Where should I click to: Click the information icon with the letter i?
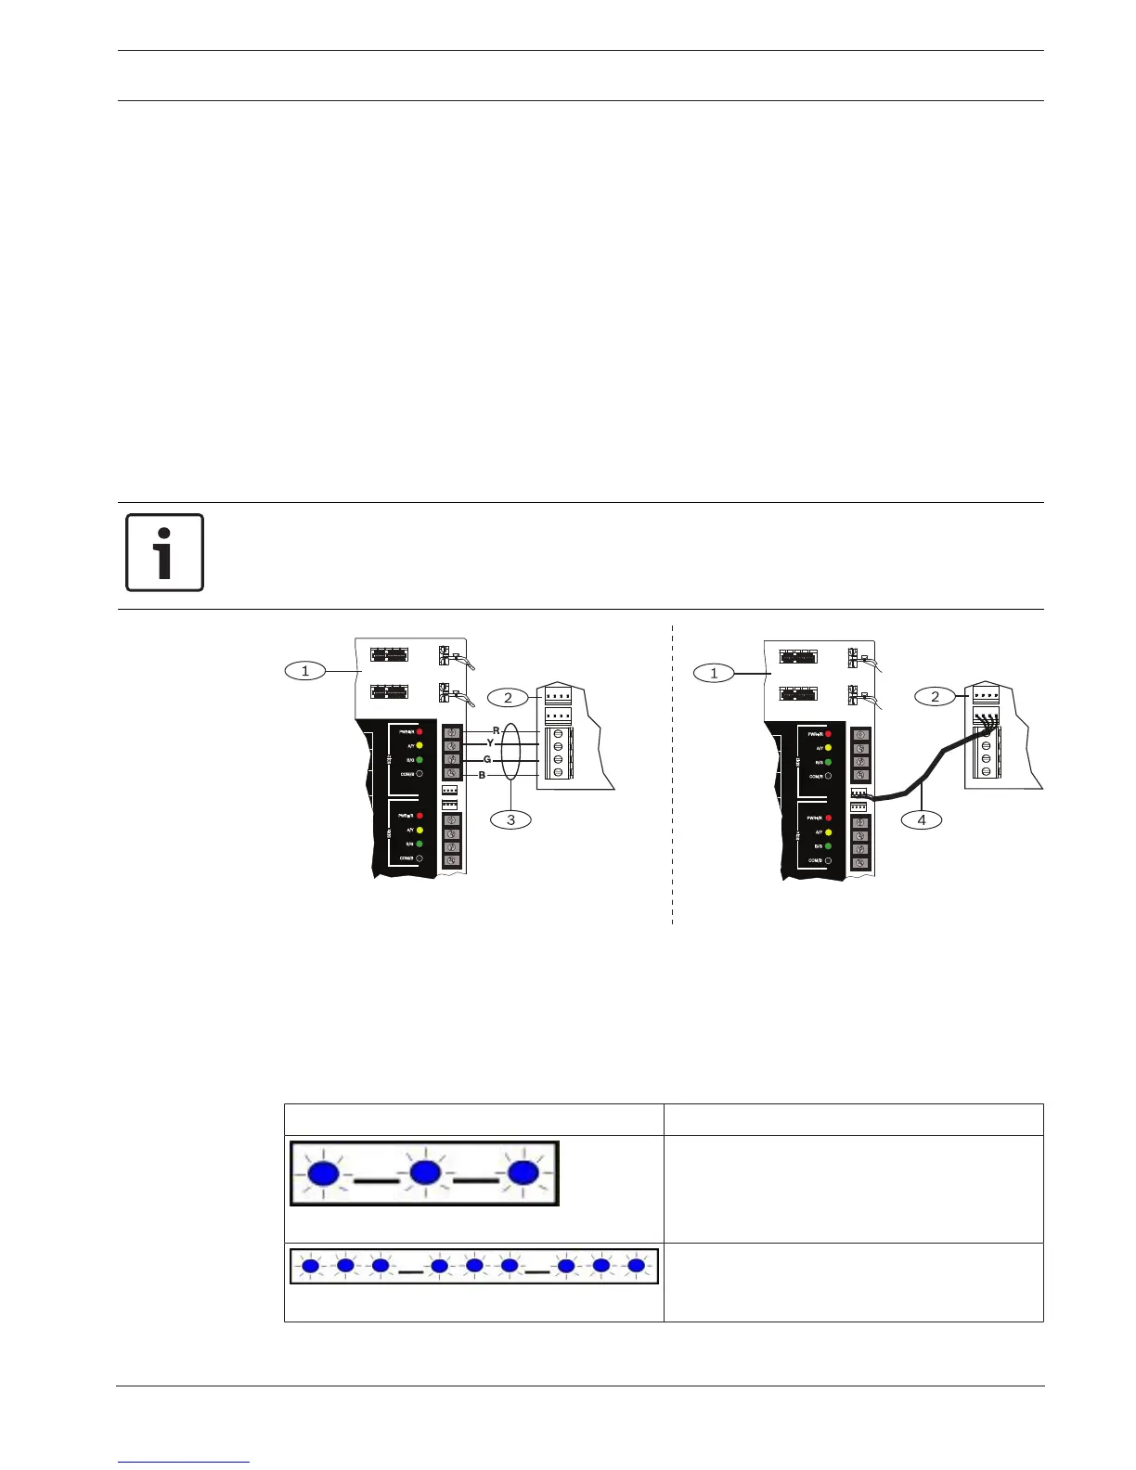(x=164, y=552)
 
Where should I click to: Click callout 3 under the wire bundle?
(x=510, y=819)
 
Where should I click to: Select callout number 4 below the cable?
(x=921, y=819)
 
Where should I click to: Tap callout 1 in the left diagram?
(x=304, y=671)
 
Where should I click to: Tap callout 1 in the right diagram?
(x=714, y=673)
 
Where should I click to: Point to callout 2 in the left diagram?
(x=507, y=697)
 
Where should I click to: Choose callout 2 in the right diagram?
(x=935, y=696)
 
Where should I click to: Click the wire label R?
(x=497, y=731)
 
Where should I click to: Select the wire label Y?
(x=490, y=743)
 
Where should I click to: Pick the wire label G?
(x=487, y=759)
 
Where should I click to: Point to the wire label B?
(x=482, y=775)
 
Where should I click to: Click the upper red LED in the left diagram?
(x=420, y=732)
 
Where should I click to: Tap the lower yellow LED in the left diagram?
(x=420, y=830)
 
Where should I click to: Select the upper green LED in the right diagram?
(x=828, y=762)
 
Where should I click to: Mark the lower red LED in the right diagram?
(x=828, y=819)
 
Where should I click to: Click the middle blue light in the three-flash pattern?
(x=424, y=1173)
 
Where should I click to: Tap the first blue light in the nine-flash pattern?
(x=311, y=1265)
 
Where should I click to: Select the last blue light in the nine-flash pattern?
(x=636, y=1265)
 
